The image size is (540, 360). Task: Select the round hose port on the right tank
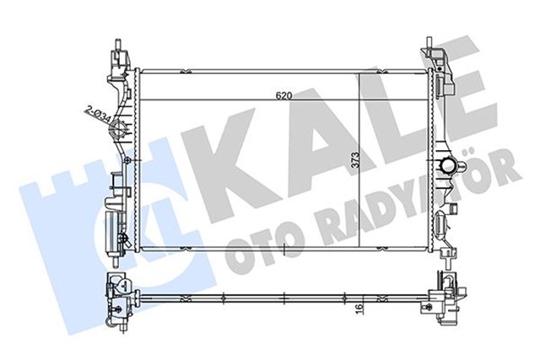tap(447, 164)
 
